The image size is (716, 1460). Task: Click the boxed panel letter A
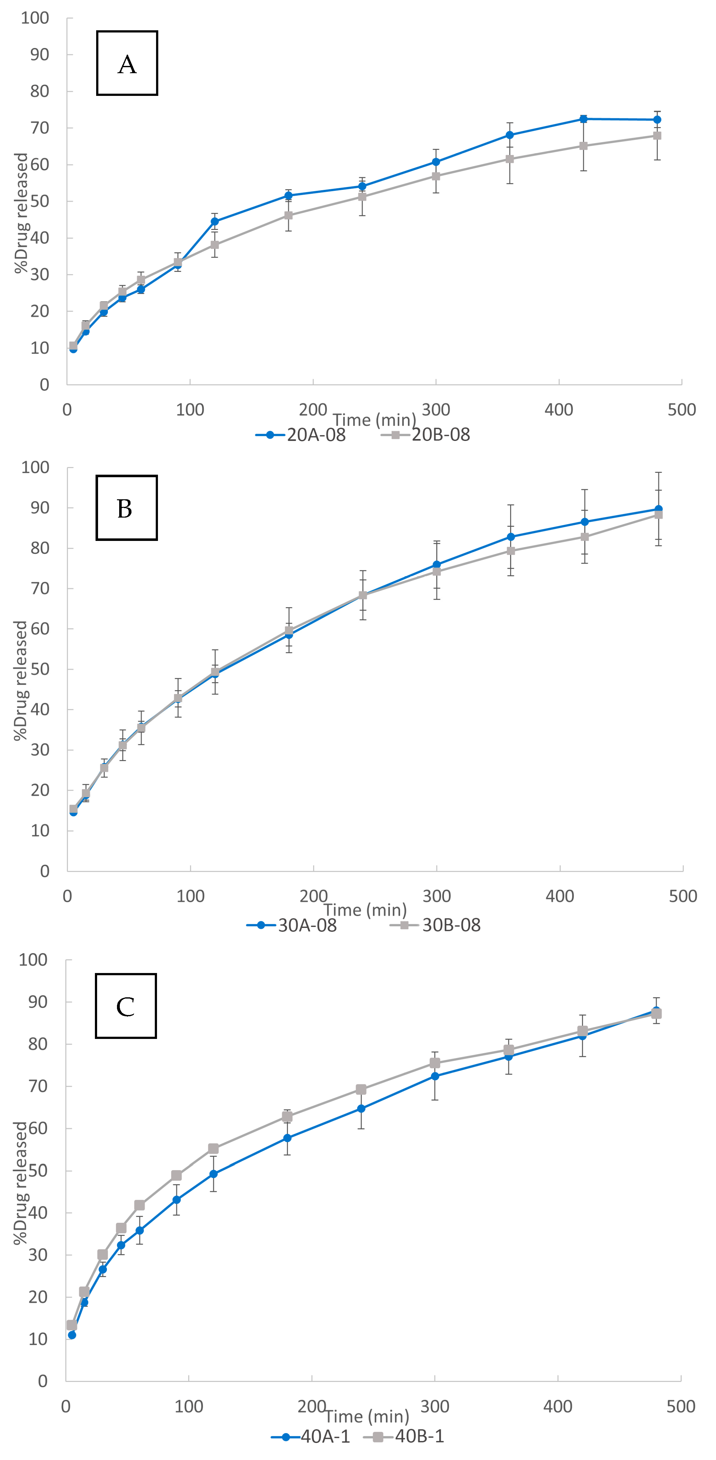pyautogui.click(x=127, y=63)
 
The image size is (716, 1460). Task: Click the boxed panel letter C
pyautogui.click(x=125, y=1006)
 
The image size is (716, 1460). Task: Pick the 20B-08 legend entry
pyautogui.click(x=426, y=435)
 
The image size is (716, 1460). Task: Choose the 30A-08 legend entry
pyautogui.click(x=292, y=925)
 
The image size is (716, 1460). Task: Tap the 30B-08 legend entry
pyautogui.click(x=436, y=925)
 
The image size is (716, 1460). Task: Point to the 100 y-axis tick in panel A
pyautogui.click(x=35, y=18)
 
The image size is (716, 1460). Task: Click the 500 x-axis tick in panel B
pyautogui.click(x=683, y=896)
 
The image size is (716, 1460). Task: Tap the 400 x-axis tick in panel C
pyautogui.click(x=557, y=1406)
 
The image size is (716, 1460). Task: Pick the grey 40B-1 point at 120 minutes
pyautogui.click(x=213, y=1149)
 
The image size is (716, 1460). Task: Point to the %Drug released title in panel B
pyautogui.click(x=20, y=680)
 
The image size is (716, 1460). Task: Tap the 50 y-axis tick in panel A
pyautogui.click(x=40, y=201)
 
